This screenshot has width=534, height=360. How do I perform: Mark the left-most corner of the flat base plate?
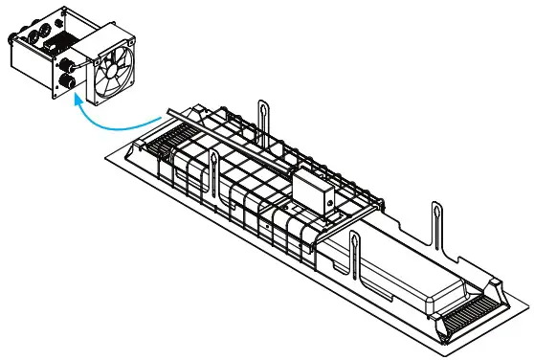[x=101, y=153]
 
